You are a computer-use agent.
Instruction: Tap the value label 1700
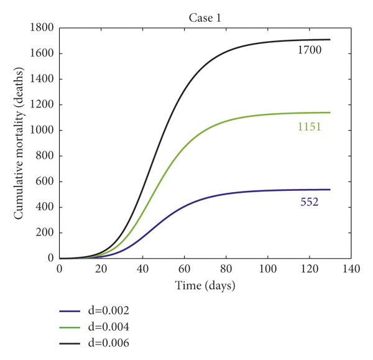point(309,50)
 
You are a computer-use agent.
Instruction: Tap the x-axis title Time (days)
point(205,286)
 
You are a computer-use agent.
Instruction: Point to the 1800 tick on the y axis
point(42,28)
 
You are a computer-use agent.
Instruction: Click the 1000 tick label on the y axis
point(42,131)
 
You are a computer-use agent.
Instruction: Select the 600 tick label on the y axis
point(44,182)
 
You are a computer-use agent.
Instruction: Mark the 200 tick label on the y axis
point(44,233)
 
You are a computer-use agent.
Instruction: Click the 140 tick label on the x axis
point(351,270)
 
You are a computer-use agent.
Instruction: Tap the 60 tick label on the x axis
point(185,270)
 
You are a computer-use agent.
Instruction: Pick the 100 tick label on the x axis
point(268,270)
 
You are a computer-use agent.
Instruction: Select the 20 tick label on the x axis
point(101,270)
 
